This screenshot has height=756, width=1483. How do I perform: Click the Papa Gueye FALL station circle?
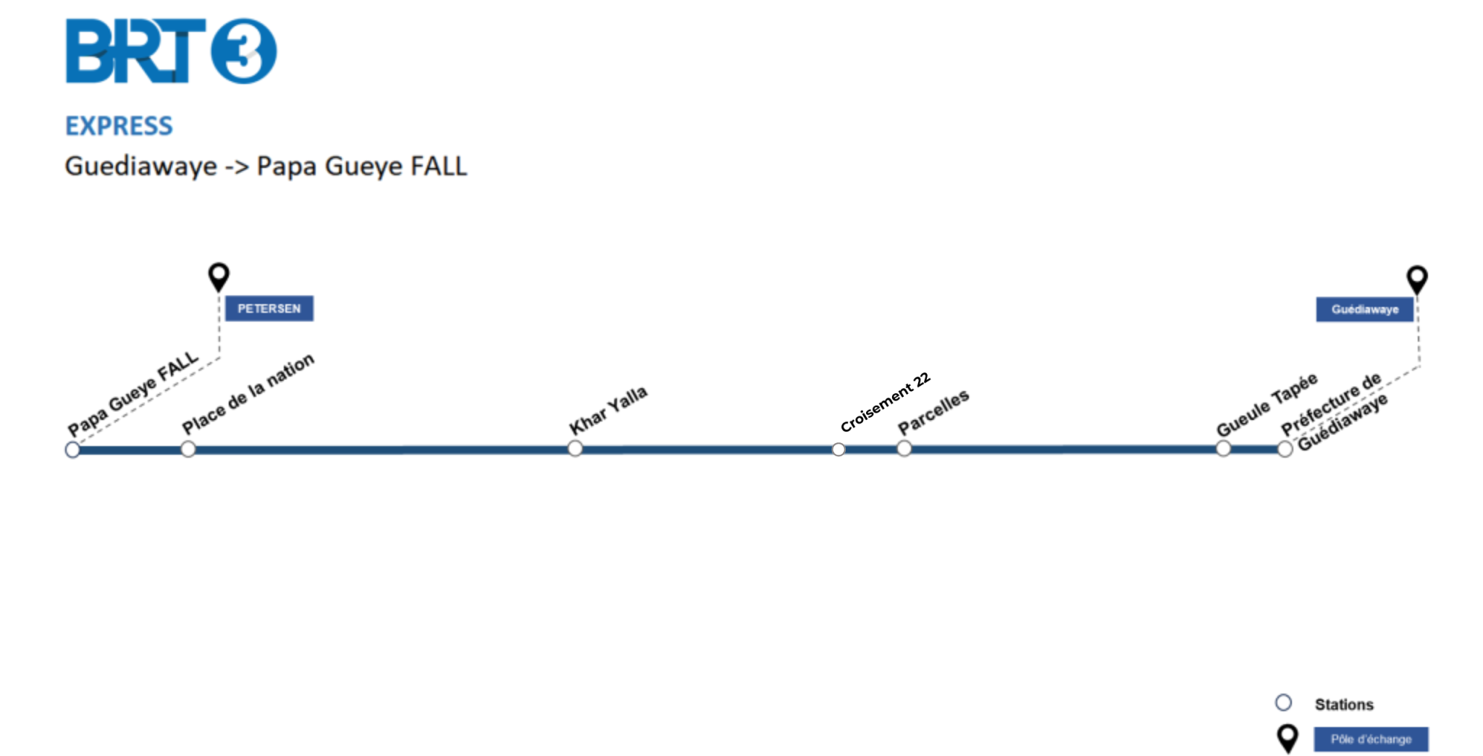point(72,450)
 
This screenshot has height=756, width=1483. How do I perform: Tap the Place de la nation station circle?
point(188,450)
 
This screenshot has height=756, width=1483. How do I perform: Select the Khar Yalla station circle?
point(575,449)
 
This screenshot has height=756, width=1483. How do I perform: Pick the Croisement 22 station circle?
point(839,450)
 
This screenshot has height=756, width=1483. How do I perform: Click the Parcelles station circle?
point(904,449)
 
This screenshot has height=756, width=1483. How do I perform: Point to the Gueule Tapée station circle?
point(1223,449)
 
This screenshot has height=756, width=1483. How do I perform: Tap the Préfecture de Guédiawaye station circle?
point(1285,450)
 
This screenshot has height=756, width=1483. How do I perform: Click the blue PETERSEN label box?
point(269,308)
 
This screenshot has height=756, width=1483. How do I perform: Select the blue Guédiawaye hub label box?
point(1365,309)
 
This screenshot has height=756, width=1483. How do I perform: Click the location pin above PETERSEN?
point(219,277)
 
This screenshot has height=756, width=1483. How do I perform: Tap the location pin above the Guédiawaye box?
point(1417,280)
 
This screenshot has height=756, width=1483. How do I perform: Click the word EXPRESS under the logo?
point(119,126)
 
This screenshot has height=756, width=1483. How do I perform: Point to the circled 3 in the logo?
point(243,51)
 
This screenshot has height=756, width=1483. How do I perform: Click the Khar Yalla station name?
point(608,410)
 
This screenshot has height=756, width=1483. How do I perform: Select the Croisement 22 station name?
point(885,402)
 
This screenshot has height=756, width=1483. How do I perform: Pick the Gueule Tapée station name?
point(1267,405)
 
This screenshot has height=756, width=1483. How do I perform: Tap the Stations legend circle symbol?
point(1283,702)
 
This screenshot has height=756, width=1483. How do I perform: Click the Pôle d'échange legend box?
point(1371,739)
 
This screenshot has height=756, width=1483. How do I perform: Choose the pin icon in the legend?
point(1287,739)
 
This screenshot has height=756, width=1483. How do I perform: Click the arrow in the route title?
point(237,167)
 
